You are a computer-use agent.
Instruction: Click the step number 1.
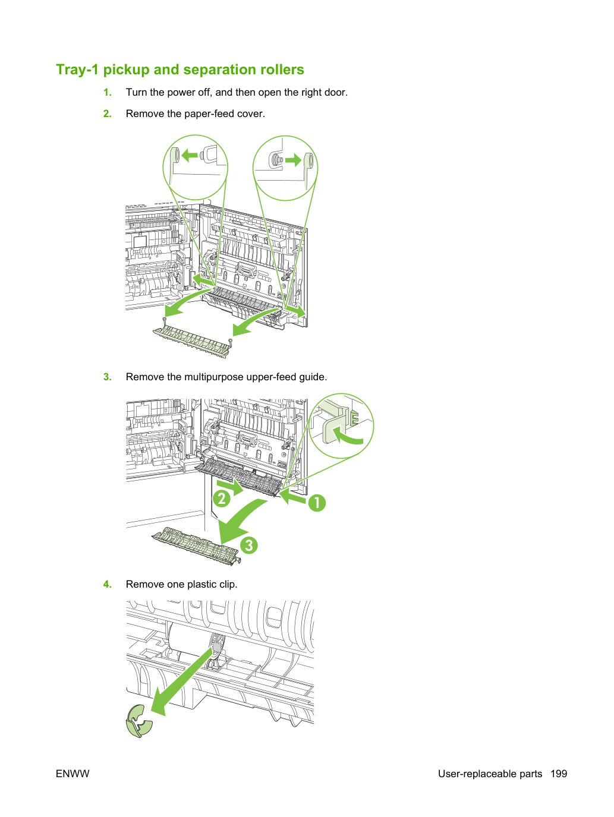[x=107, y=92]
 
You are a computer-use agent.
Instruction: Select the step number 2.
[x=107, y=113]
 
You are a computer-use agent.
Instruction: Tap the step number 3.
[x=107, y=377]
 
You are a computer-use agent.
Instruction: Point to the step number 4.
[x=107, y=584]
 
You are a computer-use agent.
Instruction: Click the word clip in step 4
[x=228, y=584]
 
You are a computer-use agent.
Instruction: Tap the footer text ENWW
[x=73, y=774]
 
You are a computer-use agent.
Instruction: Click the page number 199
[x=559, y=774]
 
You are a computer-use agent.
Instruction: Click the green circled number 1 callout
[x=316, y=503]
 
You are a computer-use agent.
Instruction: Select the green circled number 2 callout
[x=222, y=499]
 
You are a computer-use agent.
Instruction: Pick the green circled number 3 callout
[x=248, y=545]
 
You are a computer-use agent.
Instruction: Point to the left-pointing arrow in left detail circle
[x=190, y=155]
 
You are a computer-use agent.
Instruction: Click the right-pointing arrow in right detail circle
[x=293, y=160]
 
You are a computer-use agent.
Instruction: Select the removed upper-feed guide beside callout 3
[x=196, y=545]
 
